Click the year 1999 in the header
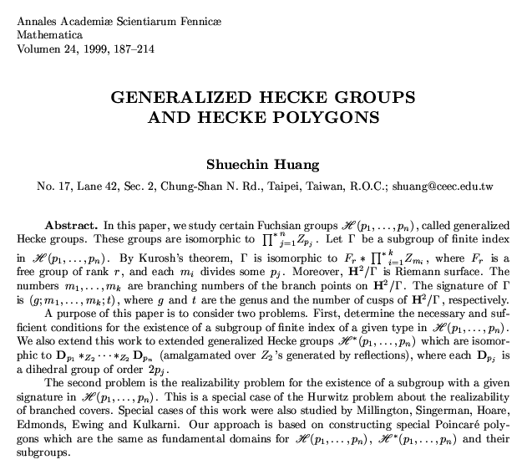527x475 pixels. point(114,50)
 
